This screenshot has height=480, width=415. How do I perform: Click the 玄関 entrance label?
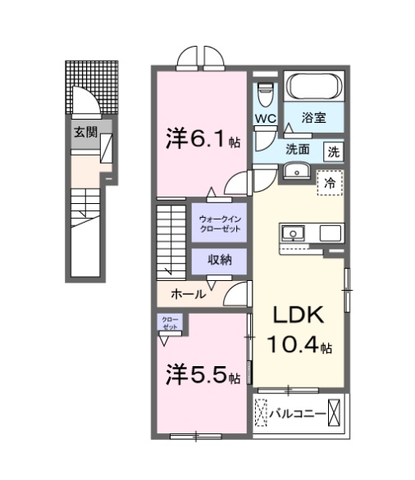pos(85,133)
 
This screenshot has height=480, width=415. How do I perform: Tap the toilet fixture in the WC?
pos(265,93)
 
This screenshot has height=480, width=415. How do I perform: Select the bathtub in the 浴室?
pos(314,87)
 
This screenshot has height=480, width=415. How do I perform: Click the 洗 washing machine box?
pos(334,152)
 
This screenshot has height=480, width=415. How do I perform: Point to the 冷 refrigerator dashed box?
pos(330,183)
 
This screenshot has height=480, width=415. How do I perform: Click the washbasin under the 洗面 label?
pos(296,171)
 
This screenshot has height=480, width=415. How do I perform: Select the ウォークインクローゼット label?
pos(220,224)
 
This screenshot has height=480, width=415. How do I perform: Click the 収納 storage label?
pos(220,260)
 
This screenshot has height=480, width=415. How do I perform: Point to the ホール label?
pos(188,294)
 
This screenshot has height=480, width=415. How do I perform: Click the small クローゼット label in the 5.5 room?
pos(170,324)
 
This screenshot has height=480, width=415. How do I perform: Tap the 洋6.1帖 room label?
pos(203,139)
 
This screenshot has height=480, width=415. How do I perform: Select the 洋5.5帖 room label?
pos(203,375)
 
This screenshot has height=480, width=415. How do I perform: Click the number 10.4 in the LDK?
pos(293,344)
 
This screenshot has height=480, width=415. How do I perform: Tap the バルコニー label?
pos(297,414)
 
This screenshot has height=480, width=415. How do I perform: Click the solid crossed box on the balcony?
pos(334,413)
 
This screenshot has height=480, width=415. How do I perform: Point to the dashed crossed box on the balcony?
pos(261,413)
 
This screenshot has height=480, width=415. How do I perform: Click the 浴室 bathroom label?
pos(313,118)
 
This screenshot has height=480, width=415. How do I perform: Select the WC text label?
pos(266,119)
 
